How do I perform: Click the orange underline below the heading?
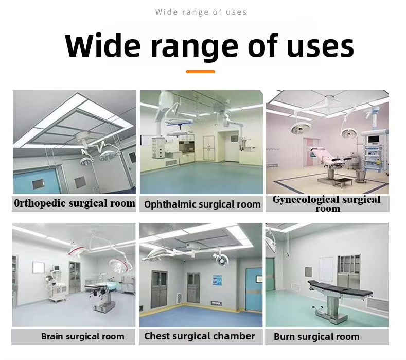tap(200, 71)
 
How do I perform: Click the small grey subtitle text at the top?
tap(201, 12)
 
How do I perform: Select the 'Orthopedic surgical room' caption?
tap(75, 203)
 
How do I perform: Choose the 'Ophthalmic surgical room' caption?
tap(202, 204)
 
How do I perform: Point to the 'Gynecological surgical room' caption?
tap(327, 203)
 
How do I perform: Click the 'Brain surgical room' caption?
tap(83, 337)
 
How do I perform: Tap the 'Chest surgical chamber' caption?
tap(200, 336)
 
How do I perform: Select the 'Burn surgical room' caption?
tap(316, 337)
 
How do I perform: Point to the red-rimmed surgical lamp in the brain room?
tap(77, 250)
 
